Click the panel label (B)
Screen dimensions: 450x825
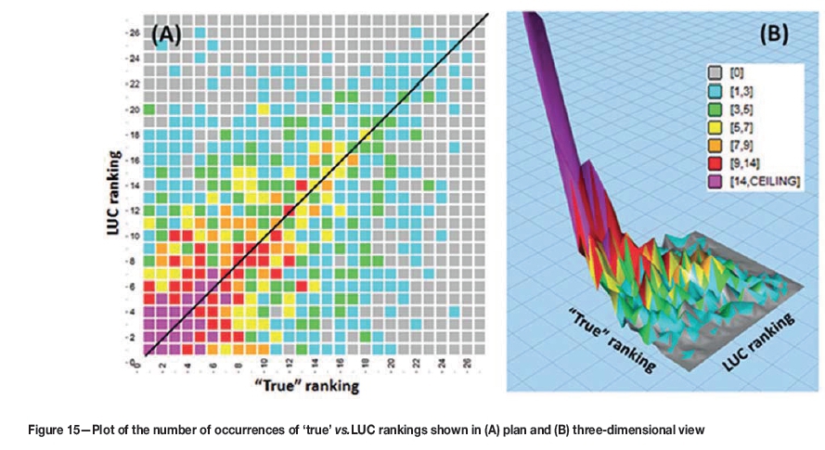click(774, 34)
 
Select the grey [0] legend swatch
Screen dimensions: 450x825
click(715, 71)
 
